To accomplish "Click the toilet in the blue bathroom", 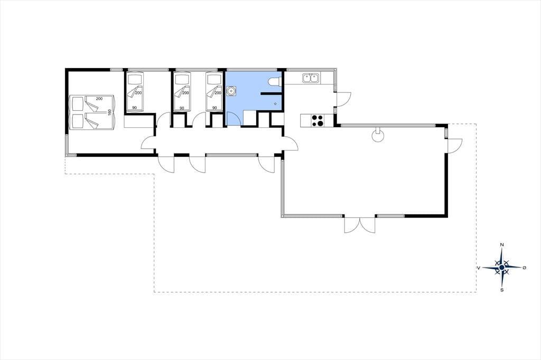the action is click(274, 81).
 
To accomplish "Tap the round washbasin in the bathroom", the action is click(231, 91).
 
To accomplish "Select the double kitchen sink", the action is click(311, 78).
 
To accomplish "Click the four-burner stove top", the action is click(318, 120).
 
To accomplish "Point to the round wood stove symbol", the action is click(378, 135).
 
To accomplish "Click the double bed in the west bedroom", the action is click(91, 112).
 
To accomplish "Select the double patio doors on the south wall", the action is click(359, 225).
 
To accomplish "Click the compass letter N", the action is click(502, 245).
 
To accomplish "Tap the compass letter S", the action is click(502, 290).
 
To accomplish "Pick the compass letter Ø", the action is click(525, 267).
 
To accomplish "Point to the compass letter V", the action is click(479, 267).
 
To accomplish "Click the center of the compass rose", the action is click(502, 267).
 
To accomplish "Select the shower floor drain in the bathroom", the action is click(275, 103).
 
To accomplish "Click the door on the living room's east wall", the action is click(455, 145).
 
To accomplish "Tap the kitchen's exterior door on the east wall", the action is click(343, 100).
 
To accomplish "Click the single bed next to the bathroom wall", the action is click(214, 91).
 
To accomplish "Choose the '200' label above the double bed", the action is click(99, 99).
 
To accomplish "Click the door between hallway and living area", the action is click(291, 143).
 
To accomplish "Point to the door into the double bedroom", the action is click(148, 143).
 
